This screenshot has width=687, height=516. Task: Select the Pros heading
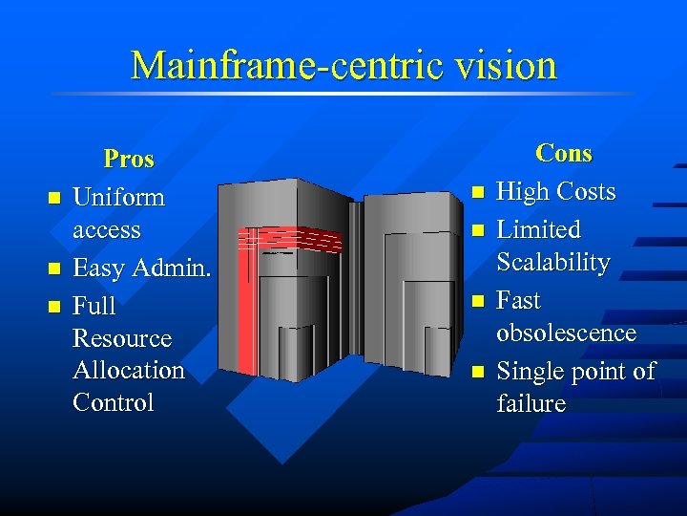[x=129, y=159]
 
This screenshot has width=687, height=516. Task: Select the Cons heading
[x=564, y=153]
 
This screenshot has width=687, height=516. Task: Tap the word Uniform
[x=118, y=198]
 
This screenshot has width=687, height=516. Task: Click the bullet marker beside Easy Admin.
[x=54, y=269]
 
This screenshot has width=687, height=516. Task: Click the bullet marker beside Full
[x=54, y=307]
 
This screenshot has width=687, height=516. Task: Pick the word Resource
[x=122, y=338]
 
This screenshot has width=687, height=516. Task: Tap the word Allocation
[x=129, y=370]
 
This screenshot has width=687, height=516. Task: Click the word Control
[x=113, y=402]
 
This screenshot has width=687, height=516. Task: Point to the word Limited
[x=538, y=229]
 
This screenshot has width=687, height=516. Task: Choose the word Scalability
[x=553, y=262]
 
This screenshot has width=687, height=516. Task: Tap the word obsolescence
[x=566, y=333]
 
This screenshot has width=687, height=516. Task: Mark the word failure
[x=531, y=403]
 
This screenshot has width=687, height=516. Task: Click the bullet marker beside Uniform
[x=54, y=199]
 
